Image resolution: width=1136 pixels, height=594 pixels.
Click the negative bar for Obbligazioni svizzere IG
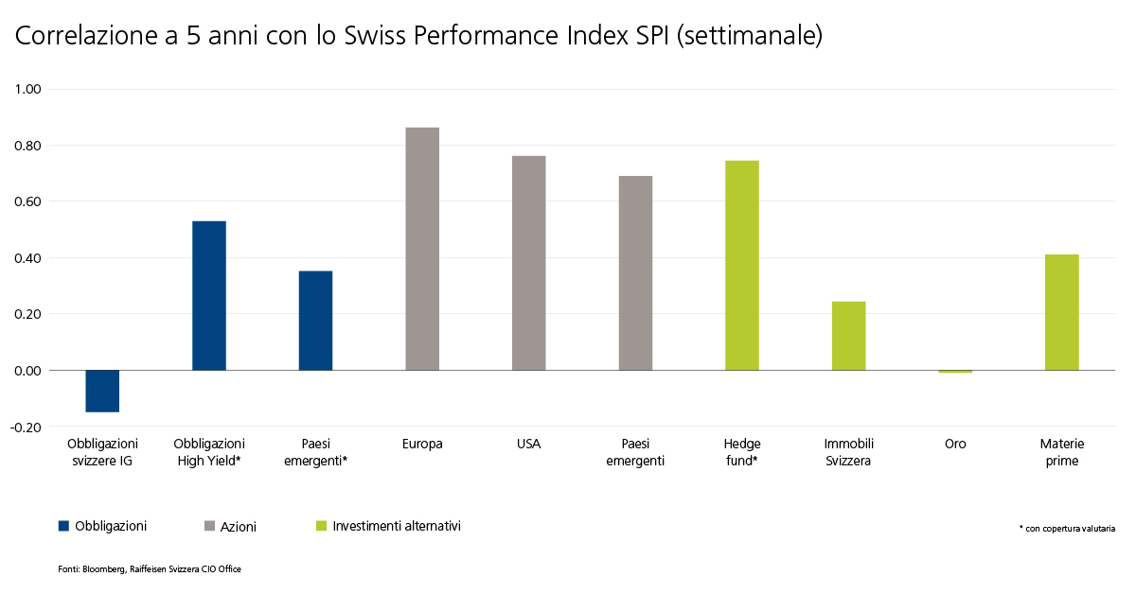(102, 391)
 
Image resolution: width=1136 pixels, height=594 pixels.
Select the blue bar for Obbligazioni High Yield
(209, 295)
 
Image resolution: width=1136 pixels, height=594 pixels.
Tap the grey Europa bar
(422, 249)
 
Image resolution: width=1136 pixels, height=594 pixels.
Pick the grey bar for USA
(529, 263)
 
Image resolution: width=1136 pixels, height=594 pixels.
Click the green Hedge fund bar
(742, 266)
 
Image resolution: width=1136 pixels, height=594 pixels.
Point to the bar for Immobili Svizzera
(849, 336)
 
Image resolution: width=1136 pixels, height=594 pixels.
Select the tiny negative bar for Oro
(955, 372)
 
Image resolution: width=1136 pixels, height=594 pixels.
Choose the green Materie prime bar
(1062, 312)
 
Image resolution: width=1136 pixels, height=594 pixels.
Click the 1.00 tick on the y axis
(27, 89)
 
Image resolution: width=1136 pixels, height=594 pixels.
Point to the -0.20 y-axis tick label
(26, 428)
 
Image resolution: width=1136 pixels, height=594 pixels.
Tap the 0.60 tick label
(27, 201)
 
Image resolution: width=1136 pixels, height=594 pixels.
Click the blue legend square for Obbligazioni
(64, 526)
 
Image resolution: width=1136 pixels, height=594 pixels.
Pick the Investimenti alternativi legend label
(397, 526)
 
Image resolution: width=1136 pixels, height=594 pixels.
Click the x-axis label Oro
(955, 444)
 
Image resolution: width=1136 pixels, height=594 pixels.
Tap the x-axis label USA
(529, 444)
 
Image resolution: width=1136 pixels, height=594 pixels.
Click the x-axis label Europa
(422, 444)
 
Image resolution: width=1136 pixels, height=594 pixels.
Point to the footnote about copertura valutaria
(1067, 528)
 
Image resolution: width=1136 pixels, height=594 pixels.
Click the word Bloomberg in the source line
(104, 569)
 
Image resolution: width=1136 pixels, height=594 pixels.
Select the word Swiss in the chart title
(375, 36)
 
